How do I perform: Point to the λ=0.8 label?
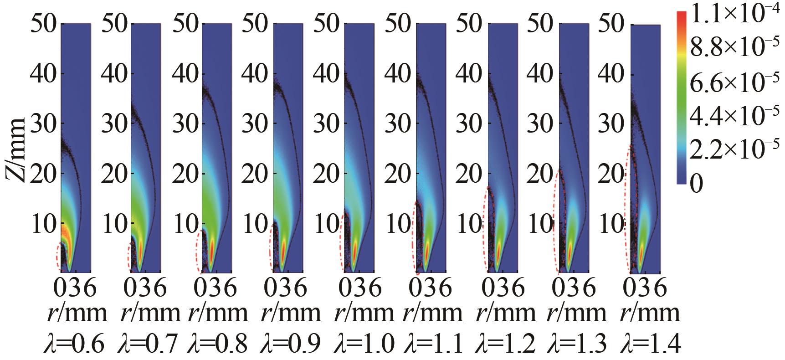coord(218,343)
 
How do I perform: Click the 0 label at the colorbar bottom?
coord(697,185)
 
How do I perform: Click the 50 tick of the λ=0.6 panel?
coord(44,24)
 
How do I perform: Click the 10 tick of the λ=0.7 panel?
coord(115,224)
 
